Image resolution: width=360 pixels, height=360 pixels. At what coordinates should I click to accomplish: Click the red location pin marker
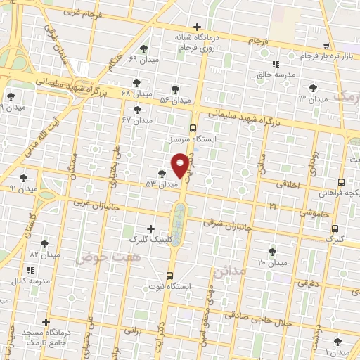181,165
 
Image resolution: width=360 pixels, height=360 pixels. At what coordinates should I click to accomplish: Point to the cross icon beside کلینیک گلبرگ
150,229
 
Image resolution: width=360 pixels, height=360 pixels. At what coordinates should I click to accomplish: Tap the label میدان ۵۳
162,184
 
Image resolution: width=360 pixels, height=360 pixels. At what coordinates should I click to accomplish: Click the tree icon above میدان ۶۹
144,49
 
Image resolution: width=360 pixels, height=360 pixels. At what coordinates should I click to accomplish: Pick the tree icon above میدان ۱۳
313,89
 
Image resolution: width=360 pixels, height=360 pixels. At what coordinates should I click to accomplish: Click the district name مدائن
229,271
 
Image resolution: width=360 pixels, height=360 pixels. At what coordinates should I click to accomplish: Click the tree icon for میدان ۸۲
45,243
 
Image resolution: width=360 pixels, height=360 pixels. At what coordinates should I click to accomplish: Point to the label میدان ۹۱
23,188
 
